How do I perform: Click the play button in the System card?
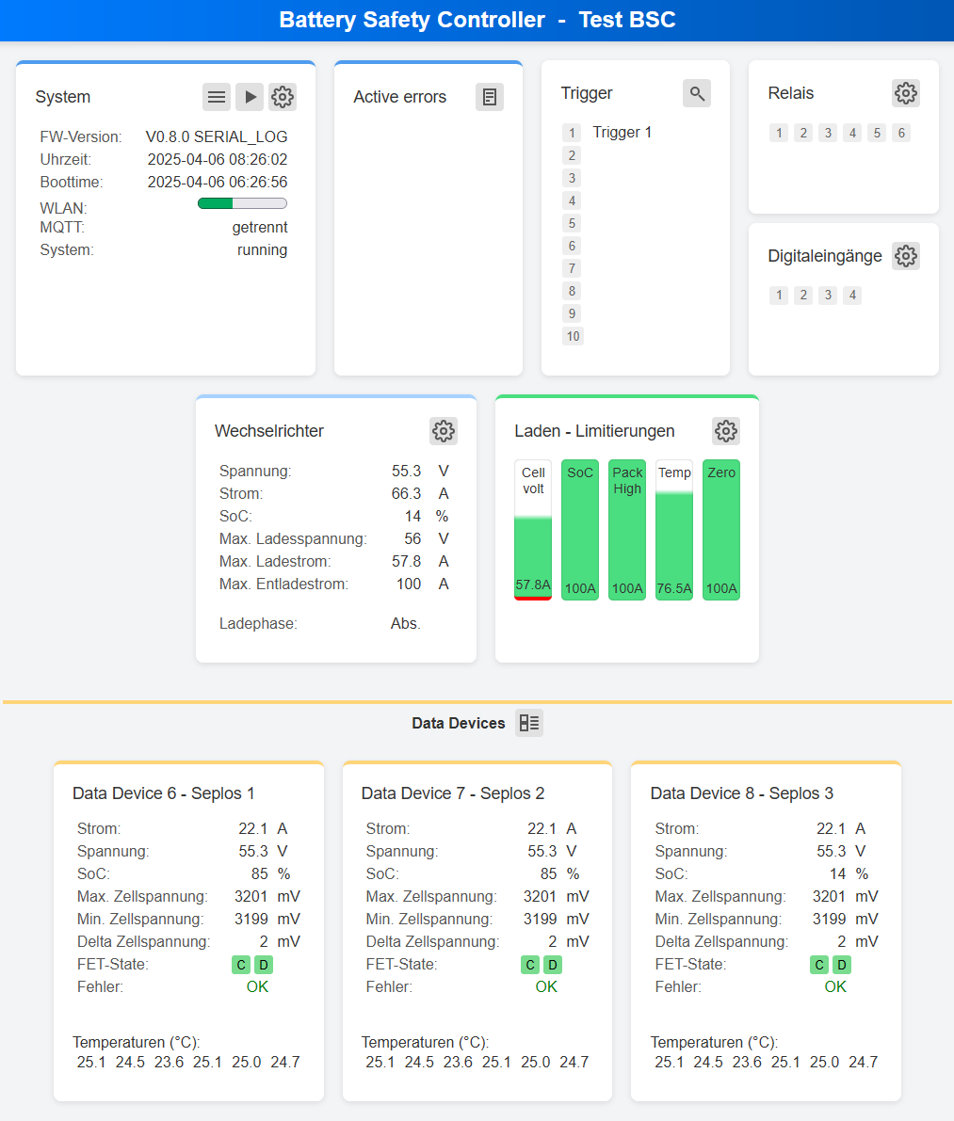[250, 97]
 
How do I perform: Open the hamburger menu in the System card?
[217, 97]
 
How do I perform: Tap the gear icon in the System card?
[283, 97]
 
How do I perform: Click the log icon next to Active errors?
[489, 97]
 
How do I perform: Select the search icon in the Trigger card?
[697, 93]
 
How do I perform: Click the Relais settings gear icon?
[905, 93]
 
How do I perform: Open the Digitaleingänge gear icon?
[905, 256]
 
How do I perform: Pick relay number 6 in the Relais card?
[901, 133]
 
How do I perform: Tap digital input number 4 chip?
[852, 296]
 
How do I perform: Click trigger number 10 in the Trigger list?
[573, 336]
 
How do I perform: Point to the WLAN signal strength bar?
[242, 203]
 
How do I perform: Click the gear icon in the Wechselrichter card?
[444, 431]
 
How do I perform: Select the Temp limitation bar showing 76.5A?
[674, 530]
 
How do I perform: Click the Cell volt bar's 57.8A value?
[533, 585]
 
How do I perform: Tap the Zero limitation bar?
[721, 530]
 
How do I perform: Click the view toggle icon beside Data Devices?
[529, 723]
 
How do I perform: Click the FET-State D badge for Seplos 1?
[264, 965]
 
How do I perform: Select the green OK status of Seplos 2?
[546, 986]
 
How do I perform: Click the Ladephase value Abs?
[406, 623]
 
